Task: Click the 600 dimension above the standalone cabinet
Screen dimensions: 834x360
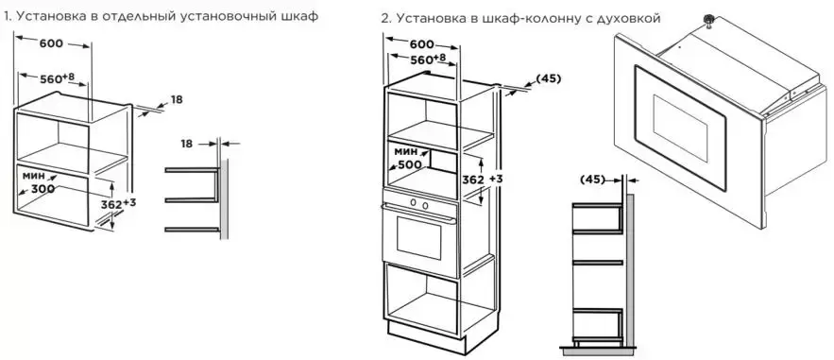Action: coord(51,43)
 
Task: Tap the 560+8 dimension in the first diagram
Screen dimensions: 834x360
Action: coord(57,78)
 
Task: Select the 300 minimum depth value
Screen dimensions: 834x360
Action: coord(43,189)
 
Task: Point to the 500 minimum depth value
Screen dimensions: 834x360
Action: coord(410,164)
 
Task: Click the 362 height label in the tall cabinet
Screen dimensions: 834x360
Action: coord(473,180)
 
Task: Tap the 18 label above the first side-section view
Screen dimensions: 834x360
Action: coord(186,144)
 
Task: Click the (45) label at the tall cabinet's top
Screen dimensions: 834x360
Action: coord(549,78)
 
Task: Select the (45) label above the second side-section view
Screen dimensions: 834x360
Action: coord(592,180)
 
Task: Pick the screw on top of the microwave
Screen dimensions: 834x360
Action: coord(708,20)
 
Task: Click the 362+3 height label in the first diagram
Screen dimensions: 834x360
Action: coord(117,204)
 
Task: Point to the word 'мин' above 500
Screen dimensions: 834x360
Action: coord(406,151)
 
